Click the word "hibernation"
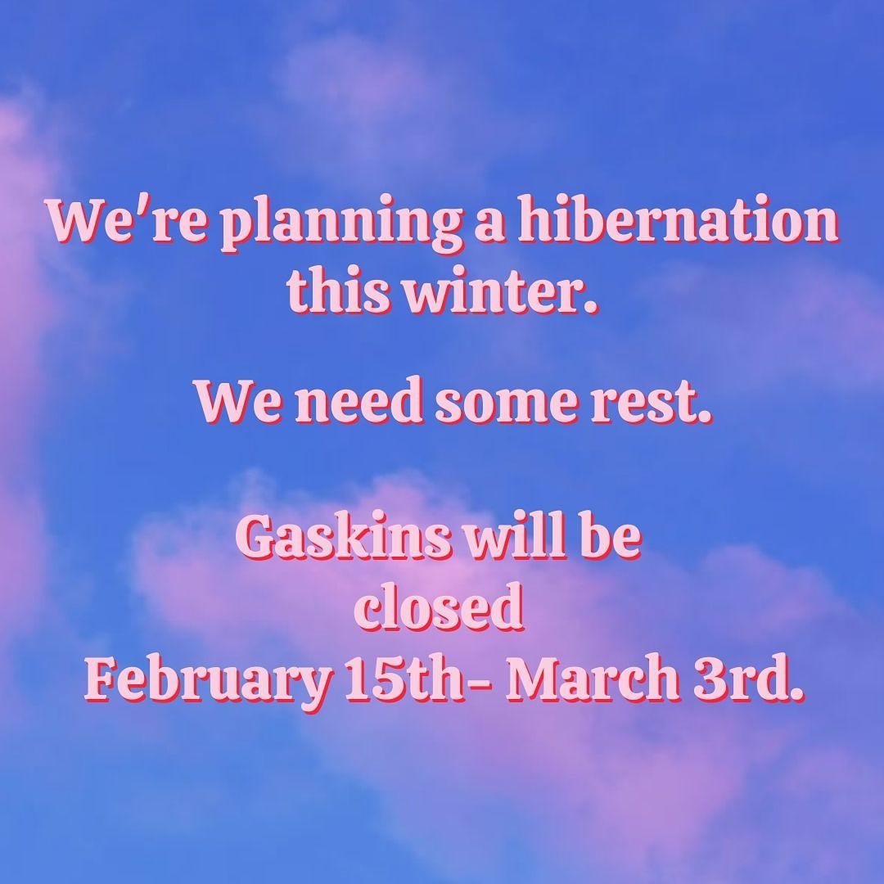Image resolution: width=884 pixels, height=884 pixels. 679,219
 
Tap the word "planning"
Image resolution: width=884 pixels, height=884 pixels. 340,223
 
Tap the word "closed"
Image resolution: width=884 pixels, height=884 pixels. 440,606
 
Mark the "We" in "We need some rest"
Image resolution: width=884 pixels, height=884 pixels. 239,401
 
